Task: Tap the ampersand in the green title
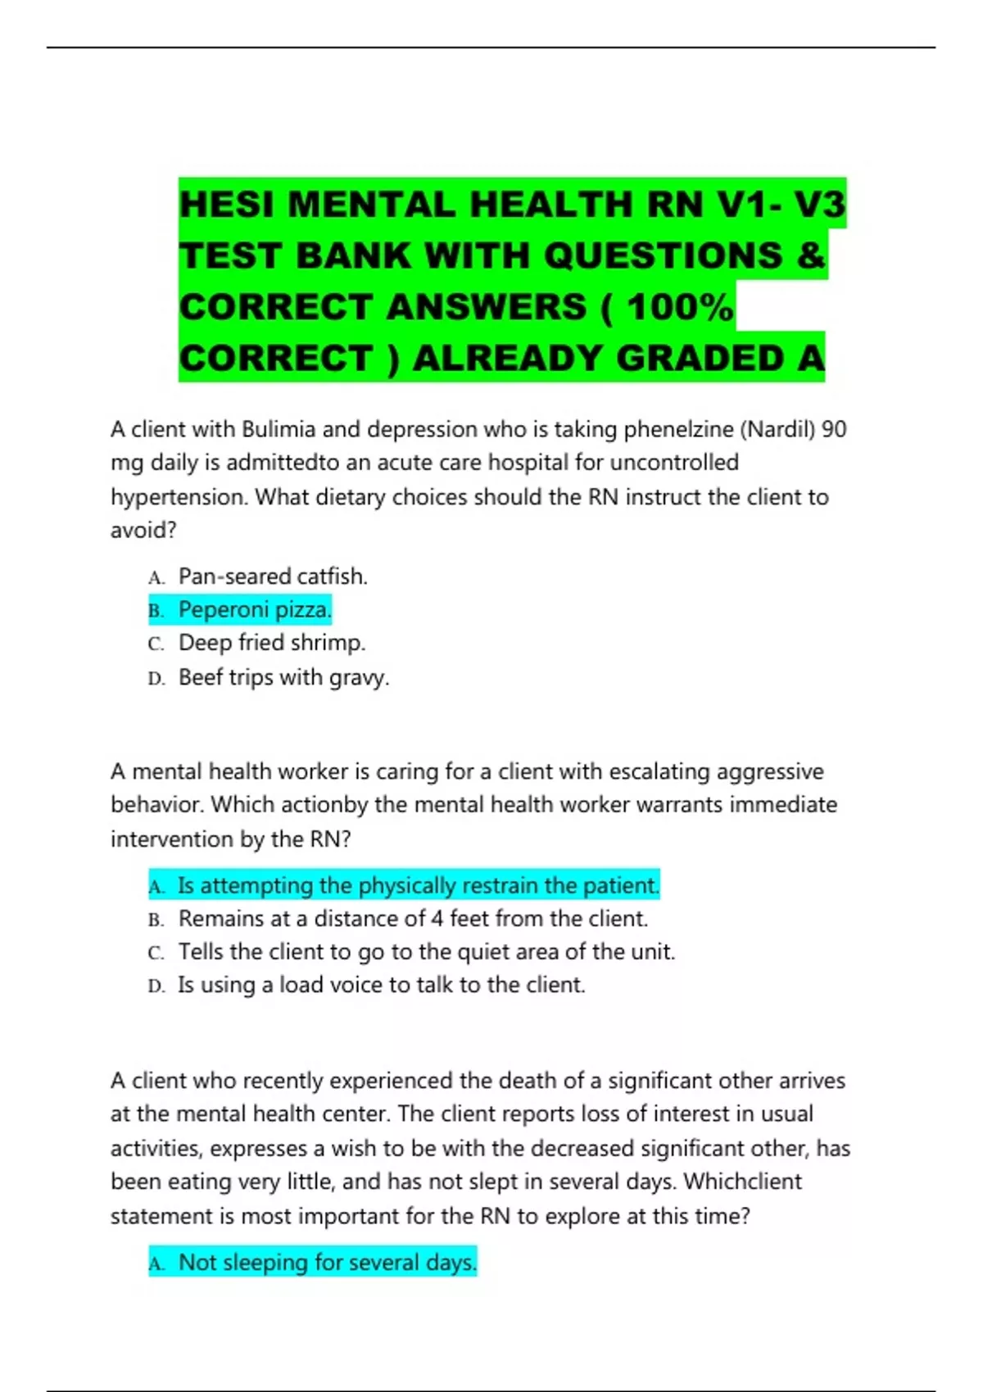809,255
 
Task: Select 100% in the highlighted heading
680,307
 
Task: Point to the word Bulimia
279,429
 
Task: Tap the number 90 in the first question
834,429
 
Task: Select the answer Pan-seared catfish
273,576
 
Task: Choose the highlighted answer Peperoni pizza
255,610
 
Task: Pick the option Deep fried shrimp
272,643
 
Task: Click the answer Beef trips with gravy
283,677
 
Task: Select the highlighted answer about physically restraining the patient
418,885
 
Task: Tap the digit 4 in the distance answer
437,919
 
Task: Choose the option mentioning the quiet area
426,951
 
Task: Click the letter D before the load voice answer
156,986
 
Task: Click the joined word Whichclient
743,1182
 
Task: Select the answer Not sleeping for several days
327,1263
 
